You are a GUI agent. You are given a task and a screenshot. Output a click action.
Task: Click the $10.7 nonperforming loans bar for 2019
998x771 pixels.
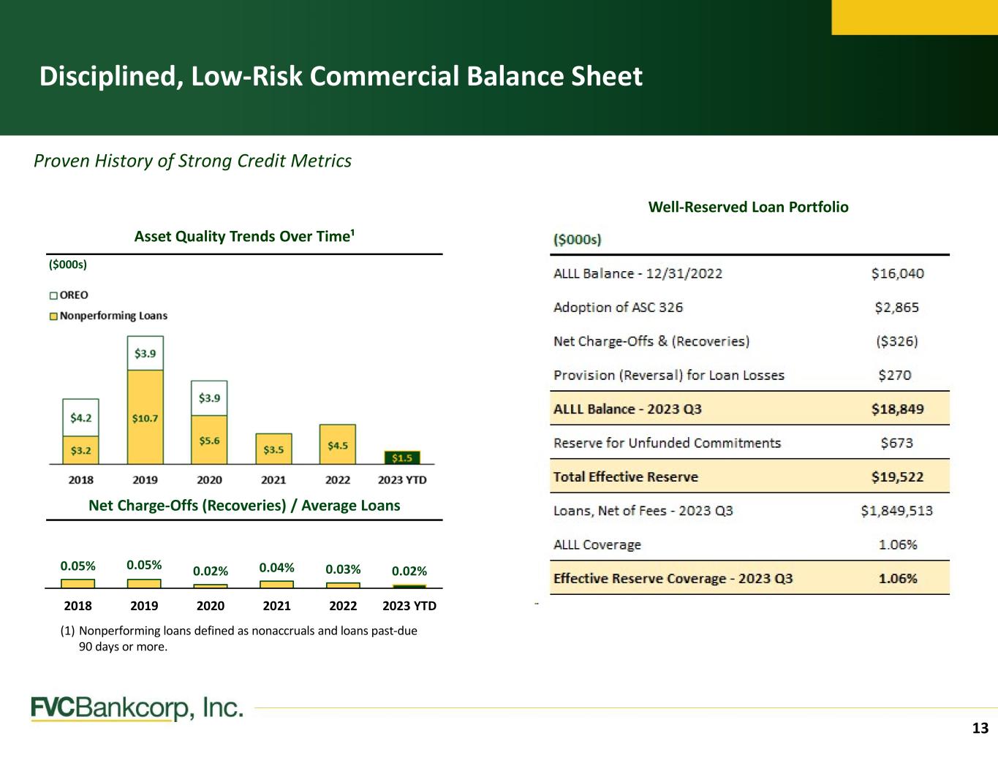[x=145, y=417]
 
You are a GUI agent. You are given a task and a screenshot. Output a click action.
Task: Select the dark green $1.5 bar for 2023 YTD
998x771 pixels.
[x=402, y=457]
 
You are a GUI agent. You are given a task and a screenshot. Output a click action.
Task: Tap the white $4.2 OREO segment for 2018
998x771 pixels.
[x=81, y=417]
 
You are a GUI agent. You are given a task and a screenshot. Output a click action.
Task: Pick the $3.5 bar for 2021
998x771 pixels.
[x=273, y=449]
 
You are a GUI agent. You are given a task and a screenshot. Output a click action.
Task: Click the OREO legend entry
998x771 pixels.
[x=69, y=295]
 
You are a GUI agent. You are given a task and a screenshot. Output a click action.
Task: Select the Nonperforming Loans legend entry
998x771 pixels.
[x=108, y=316]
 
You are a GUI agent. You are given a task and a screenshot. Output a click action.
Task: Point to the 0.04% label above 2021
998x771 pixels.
[x=276, y=568]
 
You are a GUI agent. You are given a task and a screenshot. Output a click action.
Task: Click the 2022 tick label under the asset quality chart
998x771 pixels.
[x=338, y=480]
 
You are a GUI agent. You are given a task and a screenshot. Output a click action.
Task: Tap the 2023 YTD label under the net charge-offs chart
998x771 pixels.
[x=409, y=606]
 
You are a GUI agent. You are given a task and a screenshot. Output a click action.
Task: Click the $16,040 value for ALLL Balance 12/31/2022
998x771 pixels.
[x=897, y=273]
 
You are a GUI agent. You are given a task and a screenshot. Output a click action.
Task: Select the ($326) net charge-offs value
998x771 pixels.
[x=897, y=341]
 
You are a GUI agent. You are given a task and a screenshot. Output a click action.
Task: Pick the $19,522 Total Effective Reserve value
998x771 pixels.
[x=897, y=476]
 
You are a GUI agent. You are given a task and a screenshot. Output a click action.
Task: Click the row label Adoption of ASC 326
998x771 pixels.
[x=619, y=307]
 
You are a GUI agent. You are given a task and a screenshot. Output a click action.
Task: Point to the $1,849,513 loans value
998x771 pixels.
[x=897, y=511]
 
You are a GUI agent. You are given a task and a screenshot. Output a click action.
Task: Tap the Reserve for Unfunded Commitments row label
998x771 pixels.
[x=667, y=443]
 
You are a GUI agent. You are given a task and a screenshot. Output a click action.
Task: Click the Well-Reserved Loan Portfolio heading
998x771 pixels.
[x=748, y=207]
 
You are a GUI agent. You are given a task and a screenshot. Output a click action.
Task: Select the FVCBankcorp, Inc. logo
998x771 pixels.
[x=137, y=708]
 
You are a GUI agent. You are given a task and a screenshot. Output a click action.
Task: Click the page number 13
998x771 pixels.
[x=980, y=728]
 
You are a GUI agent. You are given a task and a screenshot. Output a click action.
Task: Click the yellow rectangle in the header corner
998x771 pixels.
[x=915, y=18]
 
